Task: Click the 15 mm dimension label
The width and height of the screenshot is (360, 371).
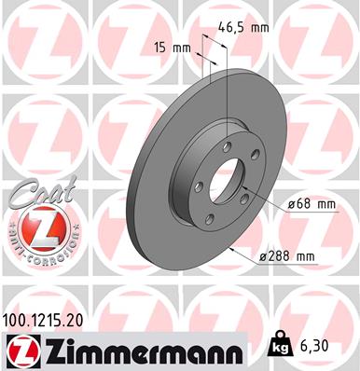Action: click(x=168, y=46)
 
